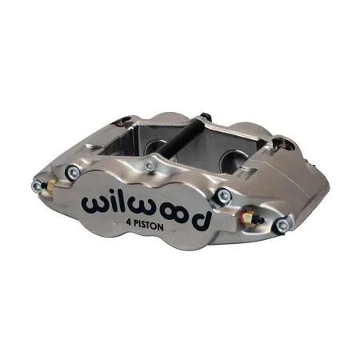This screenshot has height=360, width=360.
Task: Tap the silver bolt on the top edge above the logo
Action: [149, 166]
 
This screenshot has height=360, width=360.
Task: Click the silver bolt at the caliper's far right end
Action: [282, 226]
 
